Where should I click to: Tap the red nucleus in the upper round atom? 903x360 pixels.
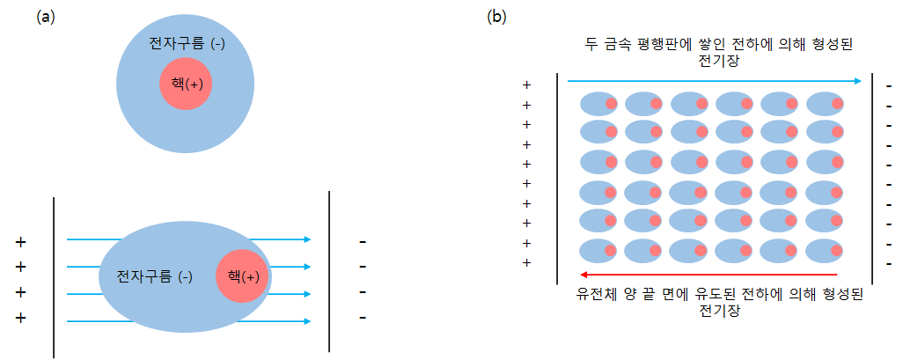(x=186, y=84)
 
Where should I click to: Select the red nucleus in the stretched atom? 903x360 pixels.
(x=242, y=276)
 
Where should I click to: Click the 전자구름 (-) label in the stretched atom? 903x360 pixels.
(x=154, y=276)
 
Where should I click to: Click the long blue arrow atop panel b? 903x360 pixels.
(x=713, y=81)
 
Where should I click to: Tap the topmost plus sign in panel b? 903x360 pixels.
(x=526, y=85)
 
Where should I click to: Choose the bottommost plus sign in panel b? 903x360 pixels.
(x=526, y=262)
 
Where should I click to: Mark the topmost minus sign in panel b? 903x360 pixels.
(x=889, y=86)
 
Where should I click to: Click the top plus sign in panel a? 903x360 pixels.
(x=20, y=241)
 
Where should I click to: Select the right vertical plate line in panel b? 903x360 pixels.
(x=871, y=176)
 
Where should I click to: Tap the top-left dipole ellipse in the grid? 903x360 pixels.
(x=598, y=104)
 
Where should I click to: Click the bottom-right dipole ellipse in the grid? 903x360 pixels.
(x=825, y=251)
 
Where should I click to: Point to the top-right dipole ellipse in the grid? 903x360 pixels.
(x=825, y=104)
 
